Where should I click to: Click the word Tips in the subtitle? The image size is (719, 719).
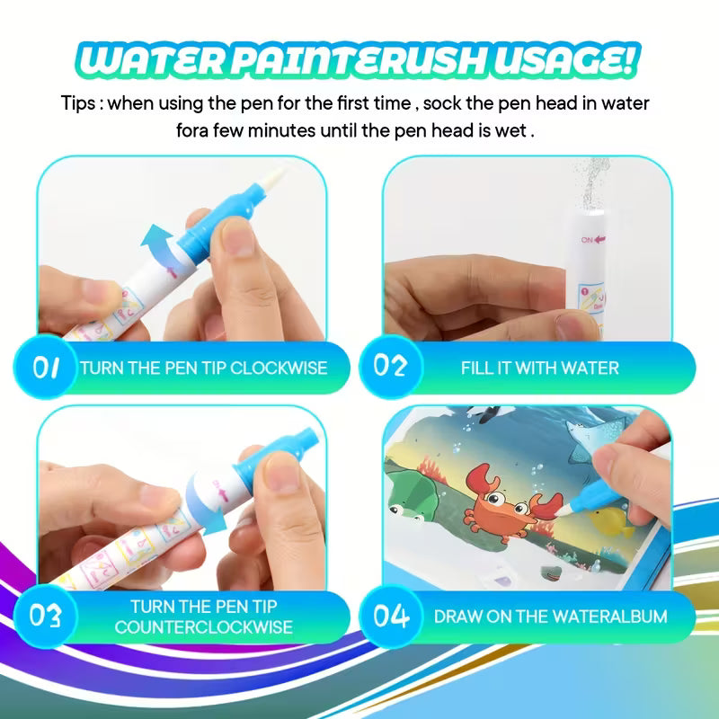[79, 102]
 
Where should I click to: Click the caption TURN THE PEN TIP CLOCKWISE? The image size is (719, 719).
[203, 368]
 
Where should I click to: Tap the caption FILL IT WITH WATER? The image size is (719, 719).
[539, 368]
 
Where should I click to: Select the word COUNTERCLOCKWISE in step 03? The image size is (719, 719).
[203, 626]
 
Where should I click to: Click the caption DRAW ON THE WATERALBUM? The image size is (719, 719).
[550, 617]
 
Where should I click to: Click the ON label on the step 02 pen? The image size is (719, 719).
[590, 240]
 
